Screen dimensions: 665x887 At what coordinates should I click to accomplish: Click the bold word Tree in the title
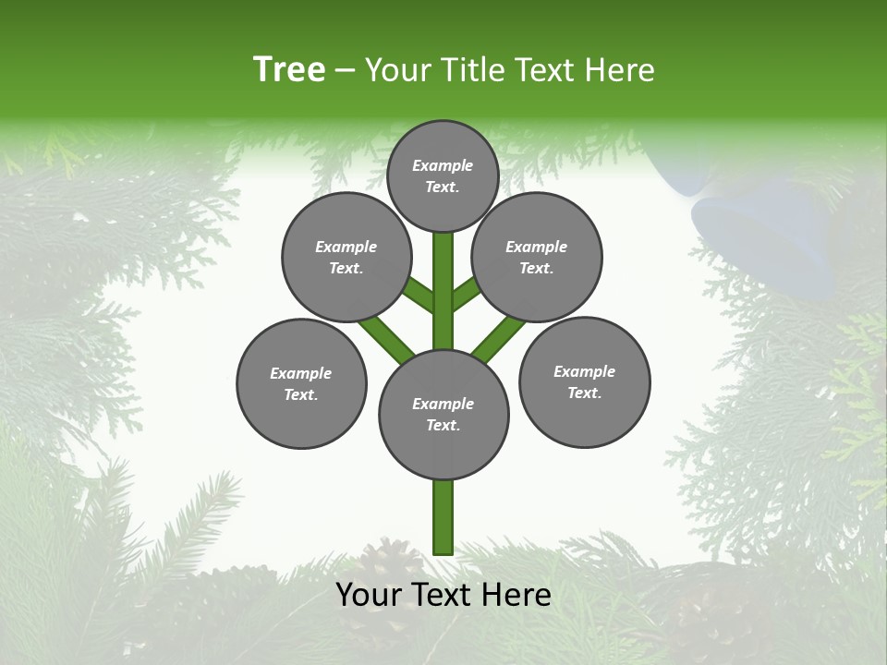tap(289, 70)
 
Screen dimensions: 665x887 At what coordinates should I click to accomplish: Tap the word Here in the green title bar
tap(620, 70)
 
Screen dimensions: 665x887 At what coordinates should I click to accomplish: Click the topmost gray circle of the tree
tap(443, 175)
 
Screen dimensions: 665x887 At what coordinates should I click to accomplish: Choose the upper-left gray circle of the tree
tap(346, 257)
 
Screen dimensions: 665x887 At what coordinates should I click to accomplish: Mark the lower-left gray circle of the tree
tap(301, 383)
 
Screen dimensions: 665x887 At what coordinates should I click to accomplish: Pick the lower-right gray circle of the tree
tap(584, 381)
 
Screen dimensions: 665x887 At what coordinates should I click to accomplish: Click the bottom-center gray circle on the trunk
tap(443, 414)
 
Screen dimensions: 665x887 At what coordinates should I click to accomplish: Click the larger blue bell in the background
tap(758, 236)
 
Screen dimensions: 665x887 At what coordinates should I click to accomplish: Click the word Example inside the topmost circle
tap(443, 165)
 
